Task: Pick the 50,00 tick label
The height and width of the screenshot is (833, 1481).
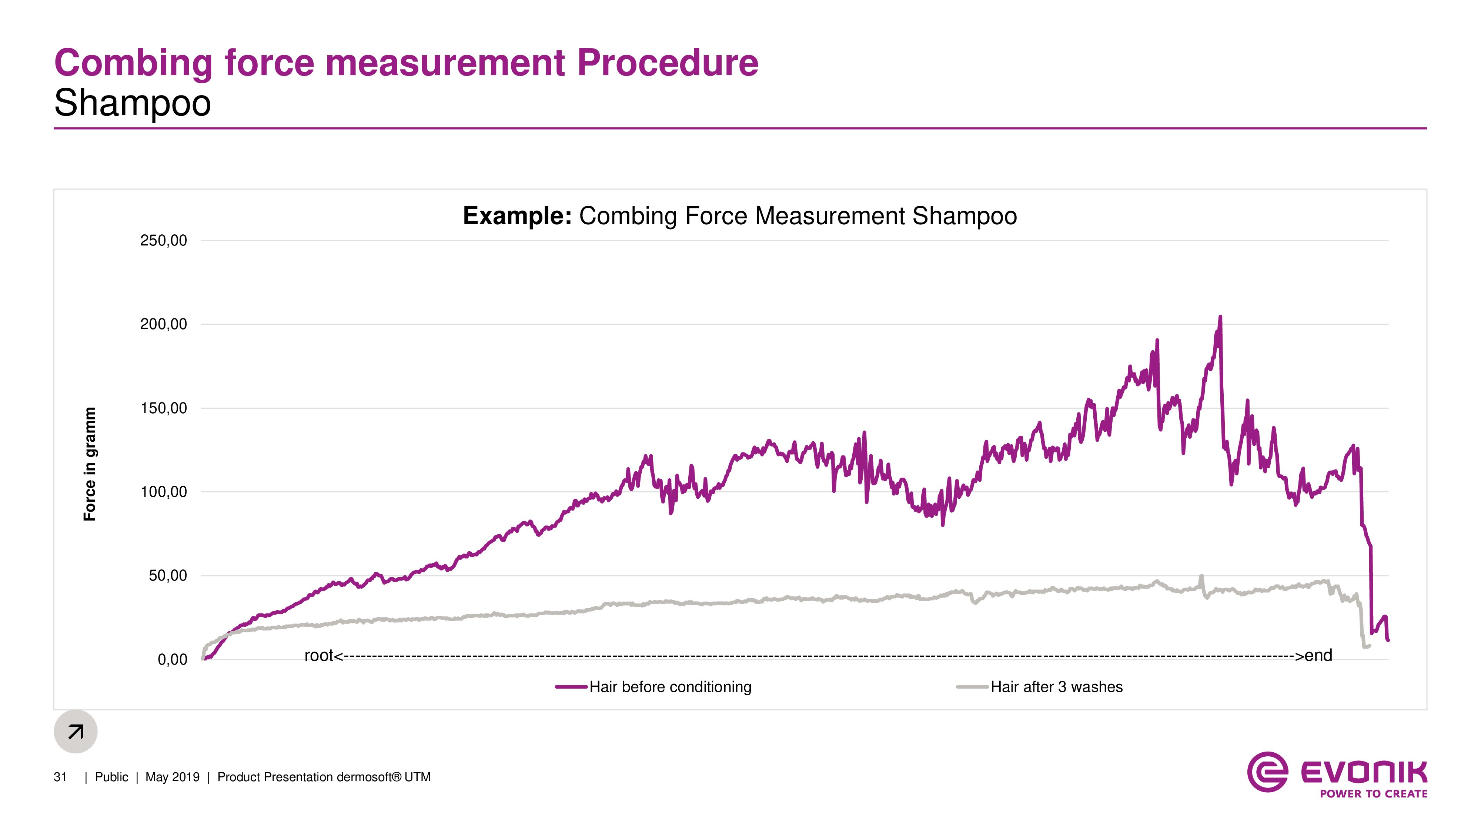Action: tap(167, 576)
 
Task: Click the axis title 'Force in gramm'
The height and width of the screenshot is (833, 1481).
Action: tap(90, 464)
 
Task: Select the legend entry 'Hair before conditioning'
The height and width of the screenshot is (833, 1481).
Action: tap(670, 687)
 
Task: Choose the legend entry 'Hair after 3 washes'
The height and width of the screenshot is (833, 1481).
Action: tap(1056, 687)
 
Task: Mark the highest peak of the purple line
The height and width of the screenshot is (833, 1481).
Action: tap(1220, 317)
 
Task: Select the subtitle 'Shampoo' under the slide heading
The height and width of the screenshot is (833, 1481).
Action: tap(133, 104)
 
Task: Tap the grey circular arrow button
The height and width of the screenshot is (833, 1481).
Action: tap(75, 731)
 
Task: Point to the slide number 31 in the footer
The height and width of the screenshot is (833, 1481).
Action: tap(60, 777)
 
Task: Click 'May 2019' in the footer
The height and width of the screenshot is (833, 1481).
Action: tap(173, 777)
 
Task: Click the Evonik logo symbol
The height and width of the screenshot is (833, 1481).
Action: tap(1267, 772)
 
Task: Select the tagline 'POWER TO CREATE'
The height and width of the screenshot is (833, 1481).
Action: tap(1374, 794)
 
